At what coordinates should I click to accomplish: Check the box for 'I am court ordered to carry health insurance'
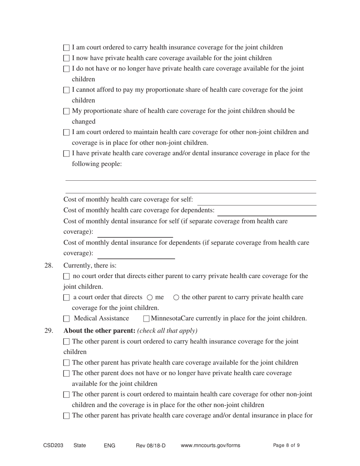click(x=67, y=48)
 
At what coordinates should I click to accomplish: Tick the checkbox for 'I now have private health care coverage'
click(x=67, y=59)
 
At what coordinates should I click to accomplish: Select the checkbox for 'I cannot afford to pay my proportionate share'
click(x=67, y=91)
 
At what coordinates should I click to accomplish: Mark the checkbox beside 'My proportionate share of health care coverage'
click(x=67, y=112)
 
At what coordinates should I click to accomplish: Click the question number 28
click(x=49, y=265)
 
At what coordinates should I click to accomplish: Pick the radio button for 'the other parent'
click(x=176, y=298)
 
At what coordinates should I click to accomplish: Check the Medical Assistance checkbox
click(x=67, y=319)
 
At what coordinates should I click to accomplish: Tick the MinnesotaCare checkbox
click(x=147, y=319)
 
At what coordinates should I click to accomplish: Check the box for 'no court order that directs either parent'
click(x=67, y=277)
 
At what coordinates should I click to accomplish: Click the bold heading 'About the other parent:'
click(x=99, y=330)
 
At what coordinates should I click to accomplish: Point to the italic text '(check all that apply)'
click(x=167, y=330)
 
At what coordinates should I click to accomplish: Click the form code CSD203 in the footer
click(x=53, y=446)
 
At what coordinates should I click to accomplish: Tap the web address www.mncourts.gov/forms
click(x=210, y=446)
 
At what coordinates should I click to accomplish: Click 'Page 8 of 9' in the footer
click(x=286, y=446)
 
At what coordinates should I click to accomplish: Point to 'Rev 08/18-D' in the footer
click(x=150, y=446)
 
